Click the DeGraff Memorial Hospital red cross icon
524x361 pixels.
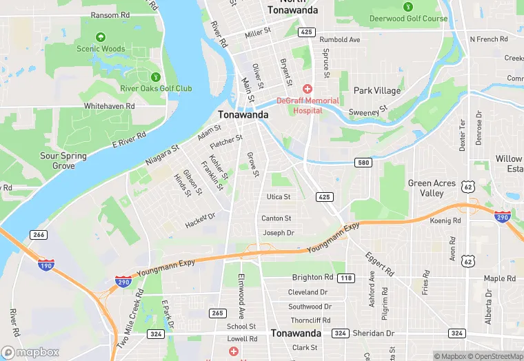(308, 89)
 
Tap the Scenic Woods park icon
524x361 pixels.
(101, 37)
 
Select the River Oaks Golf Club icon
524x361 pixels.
(156, 76)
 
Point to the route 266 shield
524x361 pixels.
(39, 235)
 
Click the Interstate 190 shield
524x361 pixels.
(45, 265)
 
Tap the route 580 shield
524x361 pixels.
(364, 163)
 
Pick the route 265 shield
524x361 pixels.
(217, 313)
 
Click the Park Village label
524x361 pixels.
(376, 90)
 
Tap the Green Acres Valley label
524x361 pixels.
(432, 188)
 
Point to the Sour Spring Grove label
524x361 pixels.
(63, 161)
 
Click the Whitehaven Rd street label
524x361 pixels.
(109, 106)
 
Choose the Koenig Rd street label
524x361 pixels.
(445, 220)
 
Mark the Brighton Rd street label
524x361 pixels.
(312, 277)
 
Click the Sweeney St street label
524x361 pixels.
(368, 112)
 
